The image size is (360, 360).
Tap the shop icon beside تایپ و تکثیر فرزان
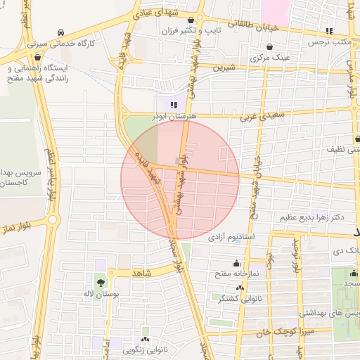pyautogui.click(x=202, y=32)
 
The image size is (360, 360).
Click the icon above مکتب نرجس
pyautogui.click(x=329, y=31)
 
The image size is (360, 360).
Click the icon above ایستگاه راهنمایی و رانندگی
pyautogui.click(x=37, y=57)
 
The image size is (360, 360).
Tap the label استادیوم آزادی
pyautogui.click(x=232, y=238)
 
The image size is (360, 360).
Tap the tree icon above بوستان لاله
pyautogui.click(x=101, y=282)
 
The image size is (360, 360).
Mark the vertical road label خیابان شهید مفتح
pyautogui.click(x=257, y=186)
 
